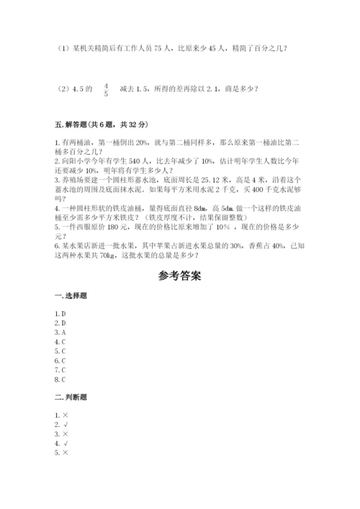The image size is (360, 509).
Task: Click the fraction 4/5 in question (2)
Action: (x=106, y=89)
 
